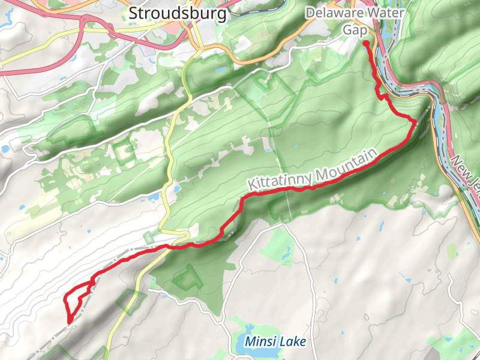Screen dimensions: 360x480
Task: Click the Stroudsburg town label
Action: [178, 13]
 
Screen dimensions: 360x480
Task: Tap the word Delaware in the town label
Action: [329, 13]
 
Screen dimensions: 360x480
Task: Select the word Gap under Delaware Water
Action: [355, 29]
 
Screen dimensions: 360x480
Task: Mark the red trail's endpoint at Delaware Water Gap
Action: [366, 43]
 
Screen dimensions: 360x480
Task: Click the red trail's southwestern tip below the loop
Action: [70, 321]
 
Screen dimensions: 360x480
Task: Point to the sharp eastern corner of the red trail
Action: [415, 121]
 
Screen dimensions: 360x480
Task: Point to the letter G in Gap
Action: [347, 29]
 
